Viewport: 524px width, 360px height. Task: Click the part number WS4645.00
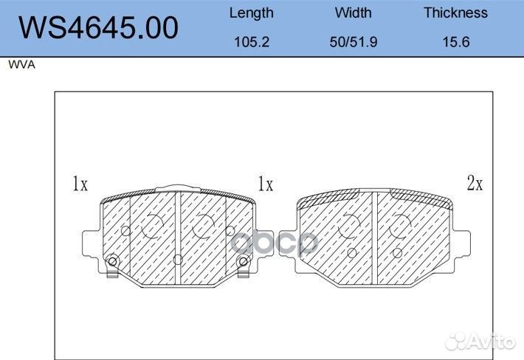tap(98, 27)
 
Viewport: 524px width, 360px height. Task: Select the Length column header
tap(252, 13)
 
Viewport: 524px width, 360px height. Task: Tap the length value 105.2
tap(252, 42)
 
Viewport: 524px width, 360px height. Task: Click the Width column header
tap(354, 13)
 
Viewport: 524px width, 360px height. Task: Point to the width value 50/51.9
tap(354, 42)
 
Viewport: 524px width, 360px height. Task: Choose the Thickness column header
tap(456, 13)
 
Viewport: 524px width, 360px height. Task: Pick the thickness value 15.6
tap(456, 42)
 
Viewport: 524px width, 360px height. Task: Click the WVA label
tap(21, 64)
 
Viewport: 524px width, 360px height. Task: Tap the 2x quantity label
tap(475, 183)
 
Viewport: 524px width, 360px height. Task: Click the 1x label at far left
tap(80, 184)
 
